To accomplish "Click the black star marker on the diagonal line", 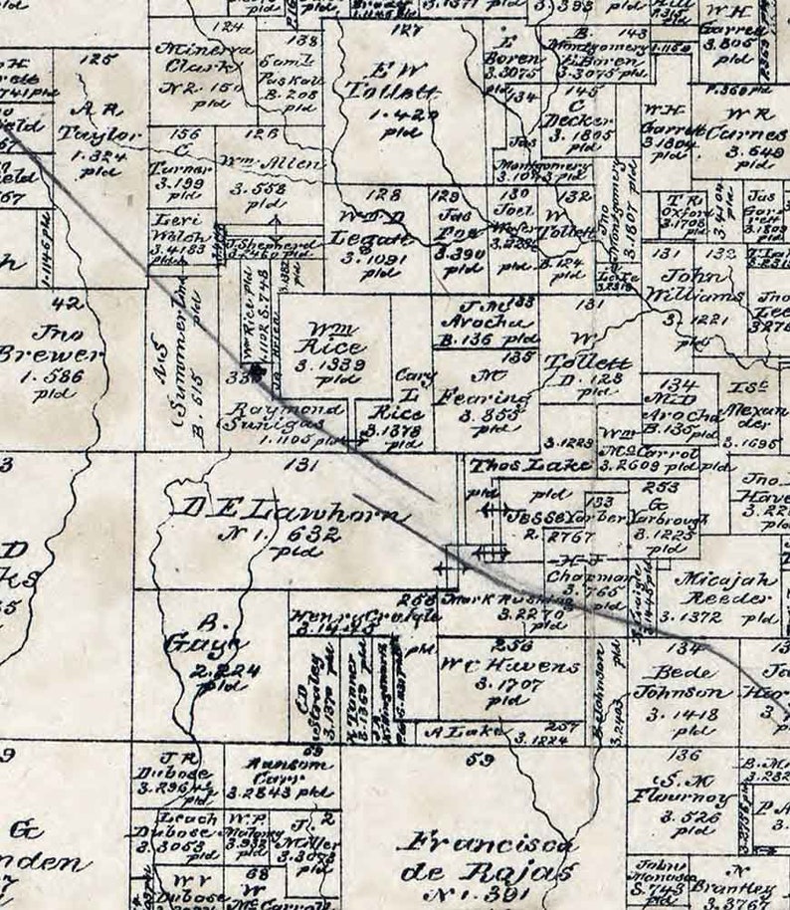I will click(x=259, y=371).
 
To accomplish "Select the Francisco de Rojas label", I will click(x=487, y=858).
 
